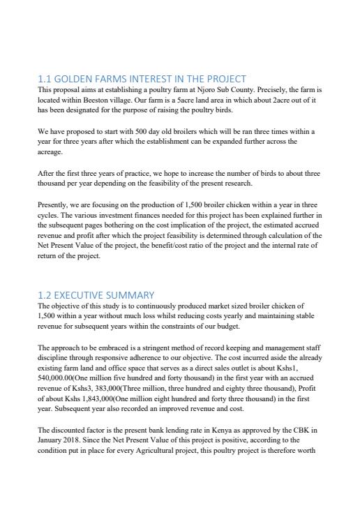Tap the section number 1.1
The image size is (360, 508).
click(x=46, y=79)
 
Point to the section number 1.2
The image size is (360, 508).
click(x=46, y=295)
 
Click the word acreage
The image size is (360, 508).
click(x=50, y=151)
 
